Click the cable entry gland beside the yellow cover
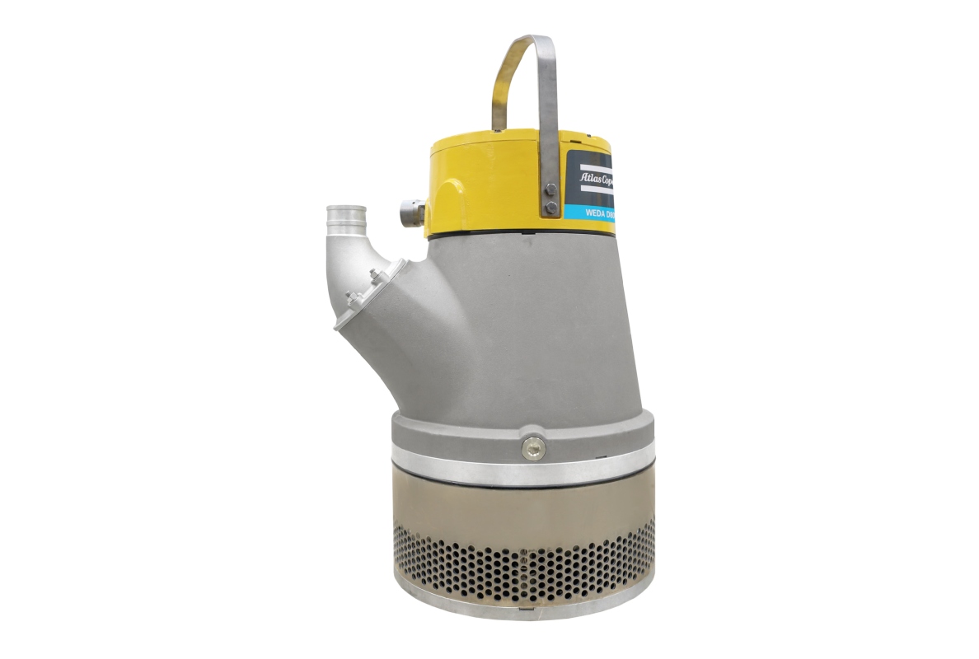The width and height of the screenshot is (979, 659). point(411,213)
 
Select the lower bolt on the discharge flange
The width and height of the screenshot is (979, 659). point(349,297)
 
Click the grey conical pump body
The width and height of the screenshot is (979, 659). point(527,329)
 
